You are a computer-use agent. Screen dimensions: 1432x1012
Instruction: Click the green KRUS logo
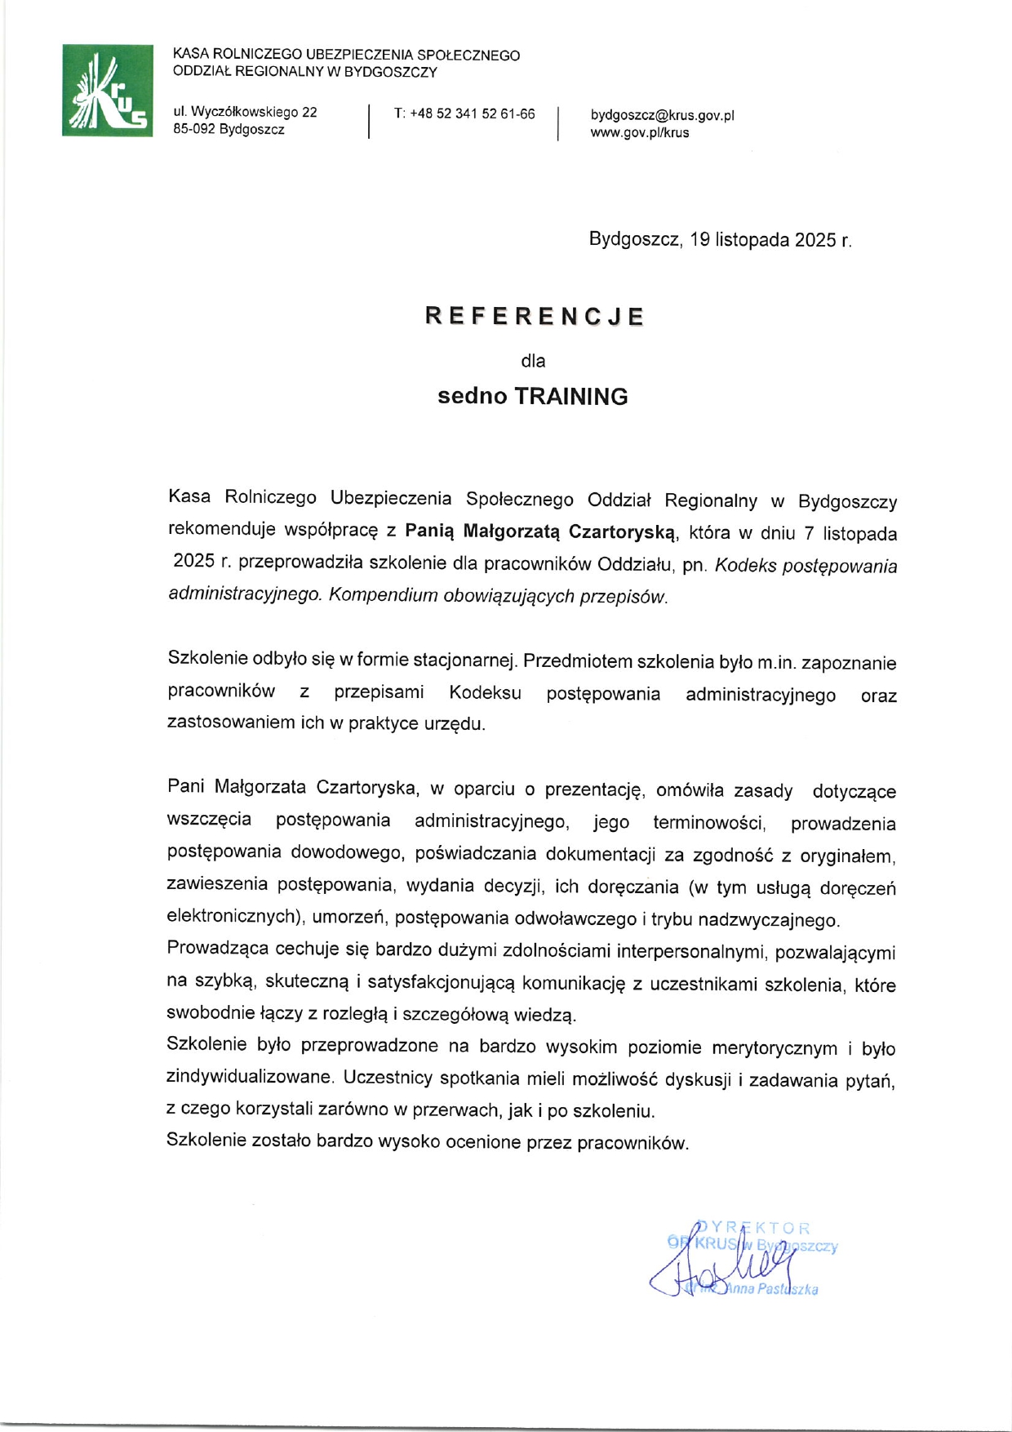[x=107, y=91]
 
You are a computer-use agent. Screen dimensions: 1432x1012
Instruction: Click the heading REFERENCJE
[x=535, y=317]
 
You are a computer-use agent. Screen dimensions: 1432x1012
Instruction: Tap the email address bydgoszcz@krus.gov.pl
[x=662, y=115]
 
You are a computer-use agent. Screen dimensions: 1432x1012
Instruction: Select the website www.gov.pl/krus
[x=639, y=132]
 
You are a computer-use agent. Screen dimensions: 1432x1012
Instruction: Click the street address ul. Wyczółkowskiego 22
[x=245, y=112]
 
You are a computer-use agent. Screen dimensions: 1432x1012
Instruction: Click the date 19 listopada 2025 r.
[x=770, y=240]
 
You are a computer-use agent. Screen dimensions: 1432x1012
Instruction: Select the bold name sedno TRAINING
[x=532, y=397]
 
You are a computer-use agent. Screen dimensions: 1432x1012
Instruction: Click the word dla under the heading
[x=533, y=361]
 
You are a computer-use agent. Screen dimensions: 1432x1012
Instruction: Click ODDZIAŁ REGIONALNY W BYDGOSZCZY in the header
[x=305, y=72]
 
